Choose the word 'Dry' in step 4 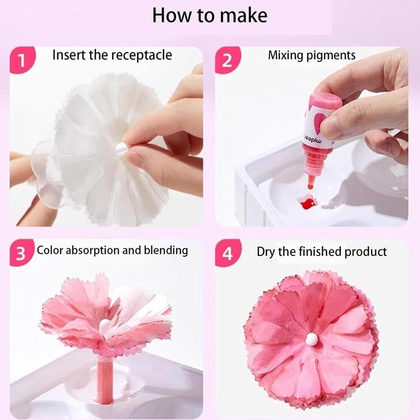[x=266, y=252]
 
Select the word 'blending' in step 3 [x=166, y=250]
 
